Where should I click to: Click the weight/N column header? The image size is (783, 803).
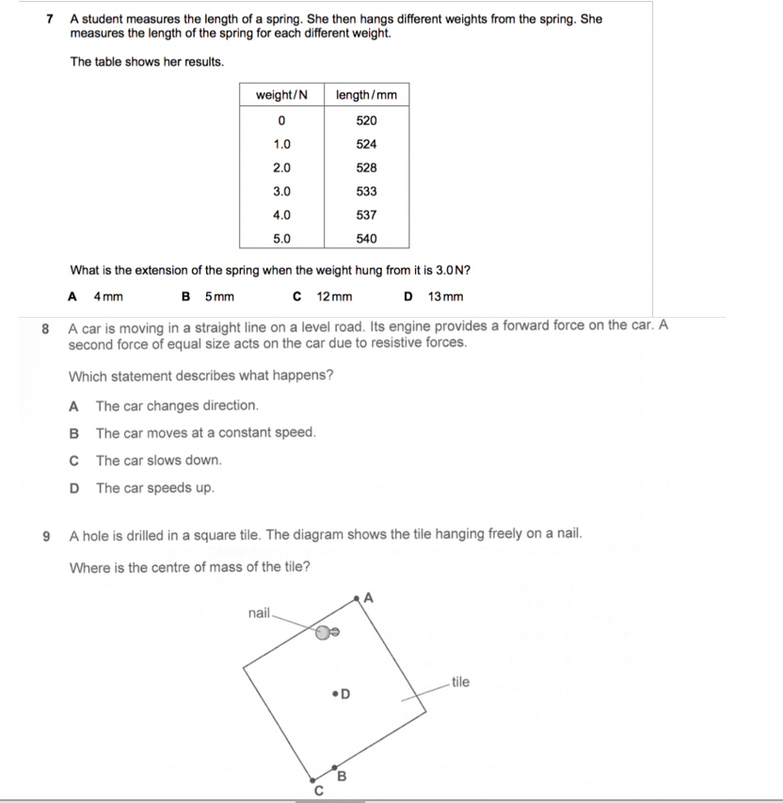tap(282, 95)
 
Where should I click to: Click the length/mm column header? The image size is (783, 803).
tap(366, 95)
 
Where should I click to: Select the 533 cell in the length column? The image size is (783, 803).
tap(367, 191)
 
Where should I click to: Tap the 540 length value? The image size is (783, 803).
tap(367, 238)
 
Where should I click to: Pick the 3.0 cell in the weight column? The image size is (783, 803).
tap(281, 191)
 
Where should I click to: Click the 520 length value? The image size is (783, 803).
tap(367, 120)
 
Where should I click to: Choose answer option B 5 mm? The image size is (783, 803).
tap(208, 297)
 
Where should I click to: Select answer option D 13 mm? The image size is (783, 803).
tap(435, 297)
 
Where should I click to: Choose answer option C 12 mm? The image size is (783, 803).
tap(324, 297)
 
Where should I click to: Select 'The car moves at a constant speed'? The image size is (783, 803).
tap(205, 433)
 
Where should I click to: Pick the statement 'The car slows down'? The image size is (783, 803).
tap(158, 460)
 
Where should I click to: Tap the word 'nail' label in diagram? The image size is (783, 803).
tap(259, 613)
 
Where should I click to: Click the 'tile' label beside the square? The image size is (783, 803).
tap(460, 682)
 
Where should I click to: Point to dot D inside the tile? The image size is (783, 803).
tap(336, 695)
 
